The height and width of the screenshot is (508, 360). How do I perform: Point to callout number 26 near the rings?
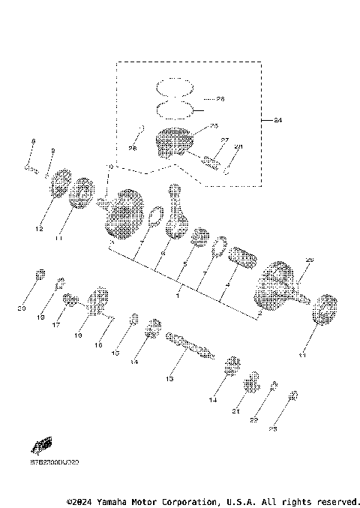tap(220, 99)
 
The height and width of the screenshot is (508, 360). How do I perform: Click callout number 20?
tap(22, 308)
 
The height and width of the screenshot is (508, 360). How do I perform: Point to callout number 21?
tap(235, 412)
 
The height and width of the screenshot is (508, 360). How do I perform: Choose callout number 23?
tap(273, 429)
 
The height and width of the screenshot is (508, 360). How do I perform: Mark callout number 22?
tap(253, 420)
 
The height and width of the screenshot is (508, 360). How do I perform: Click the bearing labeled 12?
tap(61, 183)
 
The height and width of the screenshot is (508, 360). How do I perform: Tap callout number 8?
tap(33, 142)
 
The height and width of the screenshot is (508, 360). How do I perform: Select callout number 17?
tap(57, 325)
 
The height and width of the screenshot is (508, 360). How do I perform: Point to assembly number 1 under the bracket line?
tap(177, 296)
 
